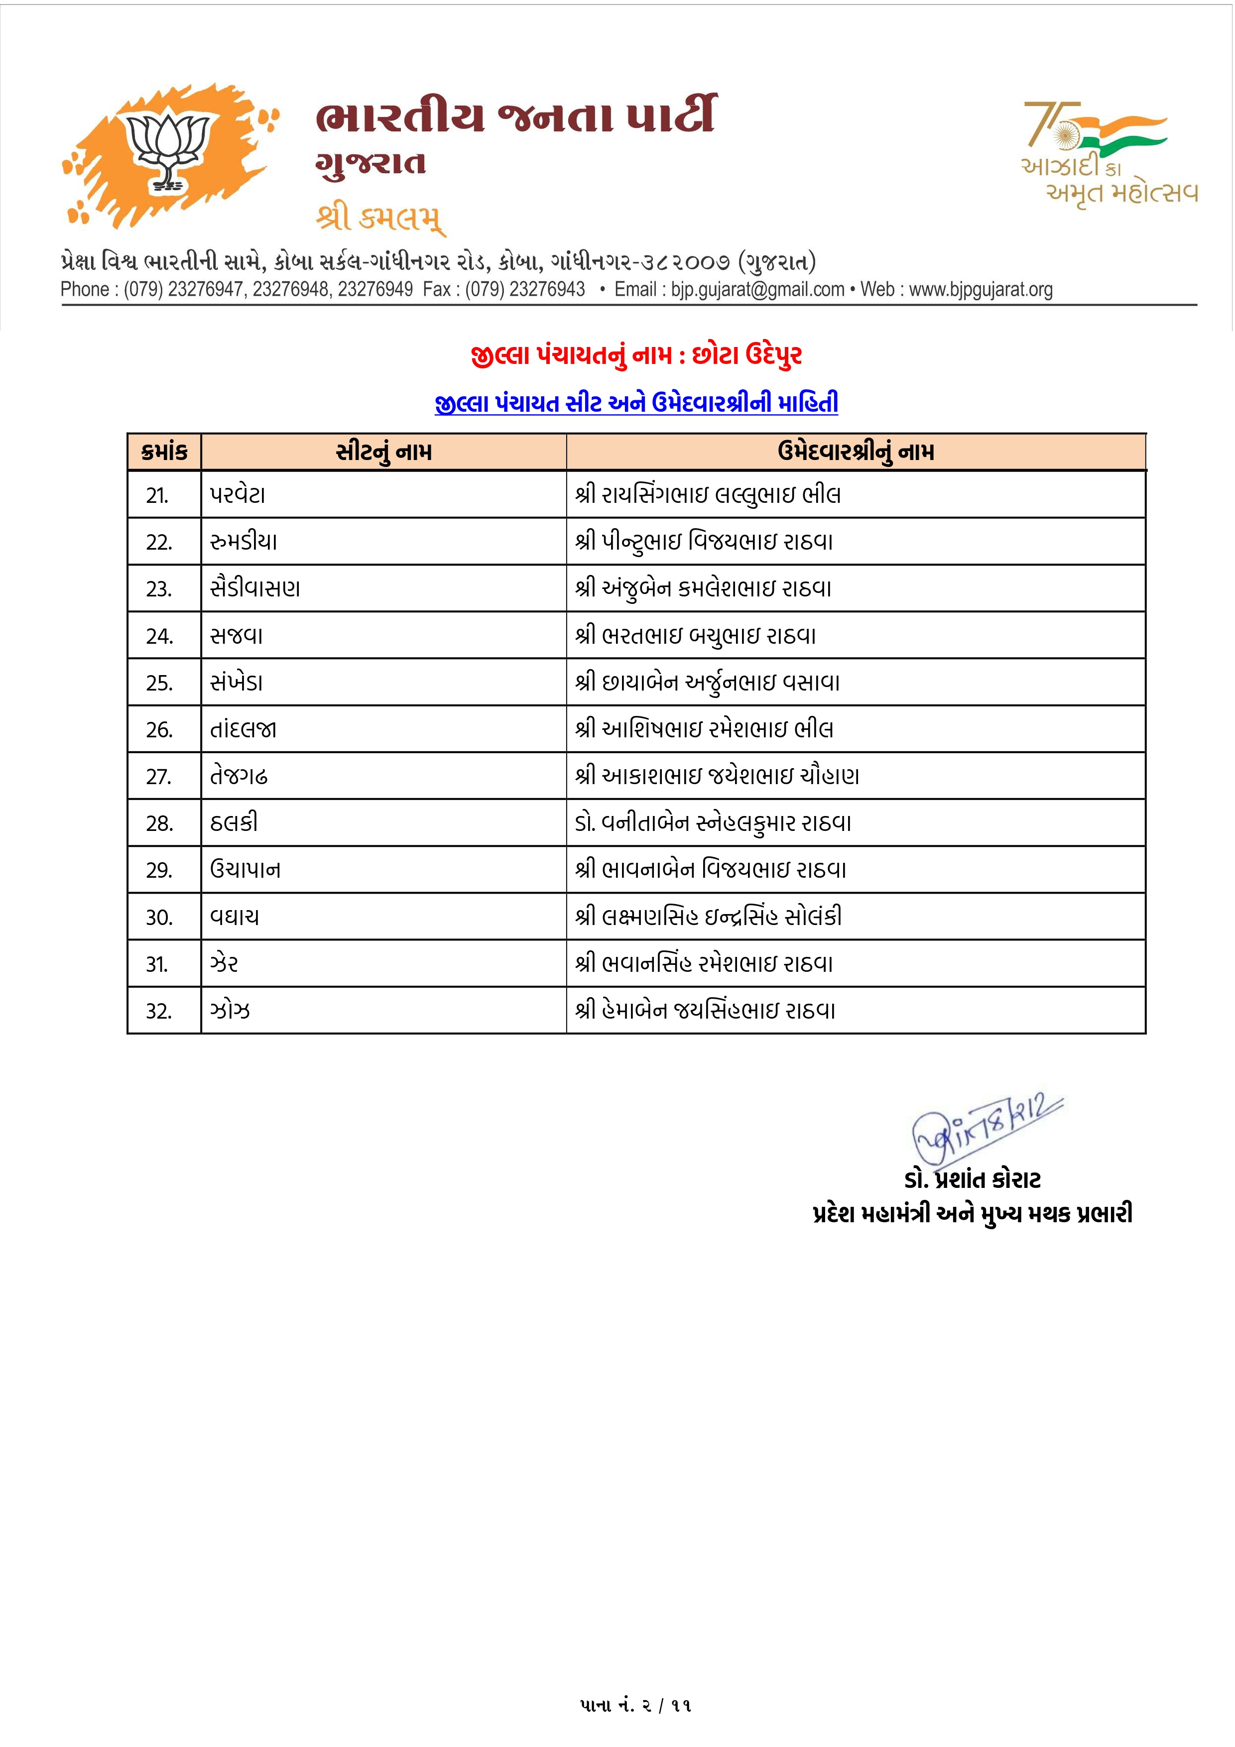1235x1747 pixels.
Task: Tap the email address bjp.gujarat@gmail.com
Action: pos(757,290)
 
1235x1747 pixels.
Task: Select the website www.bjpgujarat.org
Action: pos(981,290)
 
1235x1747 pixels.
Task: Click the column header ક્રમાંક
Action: pos(164,452)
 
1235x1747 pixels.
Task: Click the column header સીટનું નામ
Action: pos(383,452)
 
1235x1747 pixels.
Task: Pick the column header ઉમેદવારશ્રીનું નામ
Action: pos(856,452)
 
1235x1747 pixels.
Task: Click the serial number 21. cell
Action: pos(157,495)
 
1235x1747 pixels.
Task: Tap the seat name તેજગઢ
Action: pos(239,776)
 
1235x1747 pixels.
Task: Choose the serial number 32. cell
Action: pos(159,1011)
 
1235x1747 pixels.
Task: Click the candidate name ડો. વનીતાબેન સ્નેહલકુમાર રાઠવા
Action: pos(713,822)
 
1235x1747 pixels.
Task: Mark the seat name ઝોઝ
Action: pos(230,1011)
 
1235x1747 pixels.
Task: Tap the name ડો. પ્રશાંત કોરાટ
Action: pos(972,1180)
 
